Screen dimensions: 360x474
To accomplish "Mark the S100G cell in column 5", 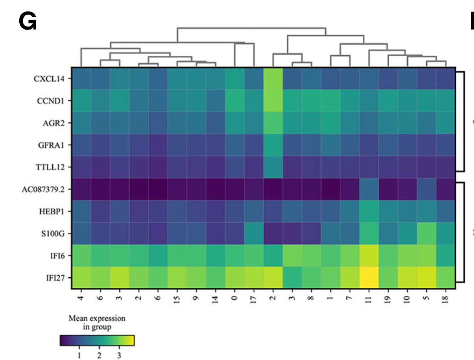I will [427, 233].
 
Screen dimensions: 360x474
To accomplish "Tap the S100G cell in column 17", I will [254, 233].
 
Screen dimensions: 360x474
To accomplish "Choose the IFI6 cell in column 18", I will [446, 255].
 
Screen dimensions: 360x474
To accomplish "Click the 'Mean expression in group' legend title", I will [97, 323].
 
